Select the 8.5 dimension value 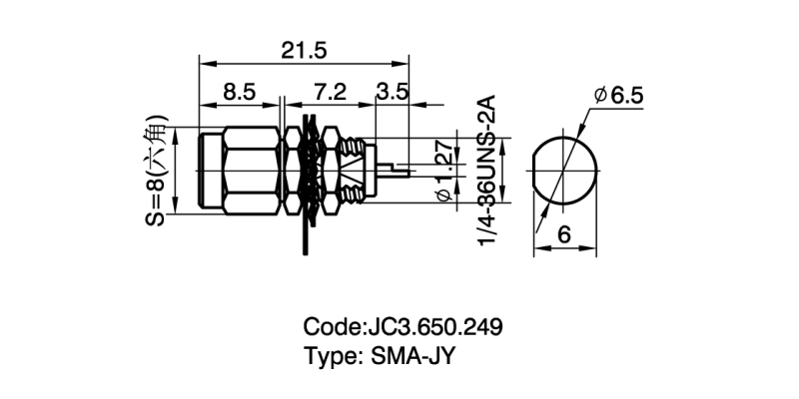point(240,92)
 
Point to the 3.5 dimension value point(393,92)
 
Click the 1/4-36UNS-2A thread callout point(488,170)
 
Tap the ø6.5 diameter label point(619,96)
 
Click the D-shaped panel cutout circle point(564,170)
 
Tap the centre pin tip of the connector point(406,170)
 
